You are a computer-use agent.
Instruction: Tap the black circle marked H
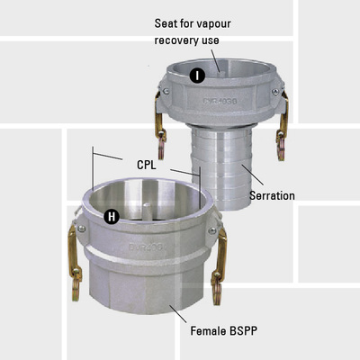tap(112, 216)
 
